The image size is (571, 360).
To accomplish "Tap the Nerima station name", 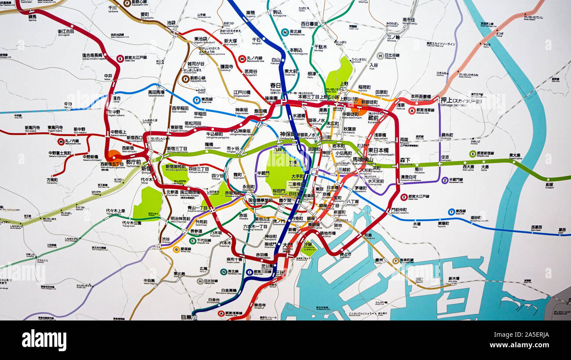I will coord(33,17).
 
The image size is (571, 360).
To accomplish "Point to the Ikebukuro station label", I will coord(172,23).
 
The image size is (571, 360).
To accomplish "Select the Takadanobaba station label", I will coord(156,93).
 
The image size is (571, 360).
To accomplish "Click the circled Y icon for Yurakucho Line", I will coord(395,261).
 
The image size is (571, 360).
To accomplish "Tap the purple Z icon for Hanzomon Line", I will coord(445,180).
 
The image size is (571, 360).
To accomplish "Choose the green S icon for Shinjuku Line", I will coord(473,154).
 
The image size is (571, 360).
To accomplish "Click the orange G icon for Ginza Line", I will coord(176,249).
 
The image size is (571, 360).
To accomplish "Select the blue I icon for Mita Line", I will coord(249,272).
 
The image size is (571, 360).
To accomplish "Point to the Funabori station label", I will coord(549,185).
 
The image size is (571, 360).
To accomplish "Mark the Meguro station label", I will coord(186,317).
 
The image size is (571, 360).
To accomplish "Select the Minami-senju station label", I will coord(409,21).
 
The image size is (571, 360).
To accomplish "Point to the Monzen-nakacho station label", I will coord(399,210).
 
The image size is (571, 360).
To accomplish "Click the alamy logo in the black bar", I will coord(44,340).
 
